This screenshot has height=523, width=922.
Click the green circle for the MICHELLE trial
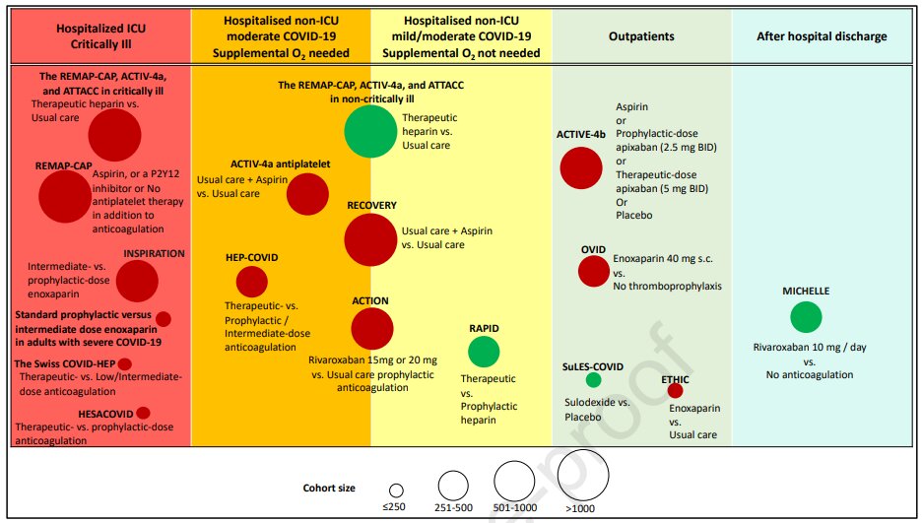coord(806,317)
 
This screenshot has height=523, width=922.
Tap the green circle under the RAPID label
coord(484,352)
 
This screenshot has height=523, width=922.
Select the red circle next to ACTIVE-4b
coord(581,168)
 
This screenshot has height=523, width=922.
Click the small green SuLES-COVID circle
coord(593,380)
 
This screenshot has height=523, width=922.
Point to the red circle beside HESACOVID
coord(143,413)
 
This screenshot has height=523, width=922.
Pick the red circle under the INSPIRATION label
coord(137,281)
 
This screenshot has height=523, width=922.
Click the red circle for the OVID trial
coord(594,271)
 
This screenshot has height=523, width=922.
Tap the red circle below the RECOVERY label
coord(370,239)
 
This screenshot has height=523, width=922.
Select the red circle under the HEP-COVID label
coord(251,282)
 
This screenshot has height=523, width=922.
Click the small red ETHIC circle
coord(675,390)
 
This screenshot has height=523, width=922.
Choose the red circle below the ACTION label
coord(372,329)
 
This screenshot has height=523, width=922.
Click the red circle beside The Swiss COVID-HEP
coord(125,363)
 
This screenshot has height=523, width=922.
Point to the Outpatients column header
coord(641,36)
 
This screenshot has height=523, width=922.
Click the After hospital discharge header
coord(823,36)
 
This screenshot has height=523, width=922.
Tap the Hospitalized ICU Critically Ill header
coord(101,36)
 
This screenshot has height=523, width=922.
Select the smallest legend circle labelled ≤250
coord(396,490)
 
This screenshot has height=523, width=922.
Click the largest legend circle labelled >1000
coord(583,475)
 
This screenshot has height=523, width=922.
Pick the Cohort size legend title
coord(329,488)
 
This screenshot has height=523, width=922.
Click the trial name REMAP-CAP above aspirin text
coord(63,166)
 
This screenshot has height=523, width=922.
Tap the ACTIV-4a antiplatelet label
coord(281,163)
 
